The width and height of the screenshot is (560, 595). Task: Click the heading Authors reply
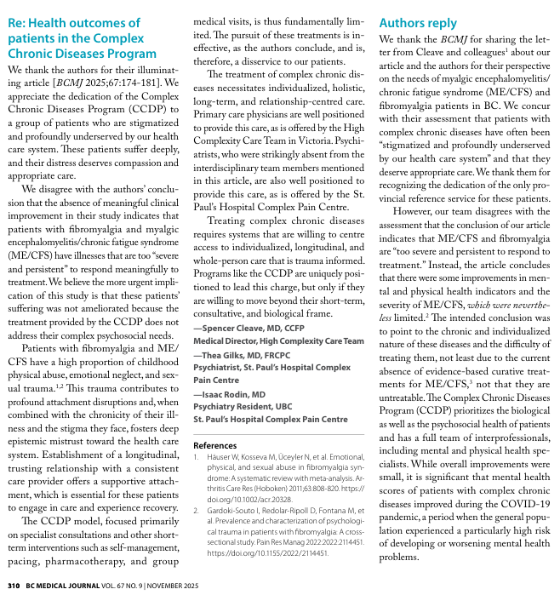click(418, 23)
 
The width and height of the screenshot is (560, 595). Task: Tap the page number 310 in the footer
click(13, 586)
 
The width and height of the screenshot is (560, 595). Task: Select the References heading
click(215, 445)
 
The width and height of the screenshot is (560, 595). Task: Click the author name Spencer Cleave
click(237, 327)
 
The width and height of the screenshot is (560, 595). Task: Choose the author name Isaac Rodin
click(228, 394)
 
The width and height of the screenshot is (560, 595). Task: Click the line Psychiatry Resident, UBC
click(243, 407)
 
